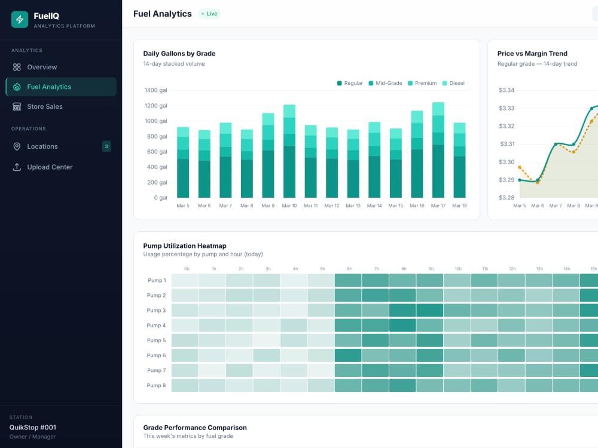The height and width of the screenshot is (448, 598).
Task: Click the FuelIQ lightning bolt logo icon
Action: coord(20,20)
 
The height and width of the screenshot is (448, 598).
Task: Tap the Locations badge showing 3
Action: coord(106,146)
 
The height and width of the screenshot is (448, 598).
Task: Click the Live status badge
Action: coord(209,14)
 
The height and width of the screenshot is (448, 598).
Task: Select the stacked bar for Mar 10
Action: coord(289,151)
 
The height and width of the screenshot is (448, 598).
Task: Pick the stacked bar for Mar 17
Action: coord(438,150)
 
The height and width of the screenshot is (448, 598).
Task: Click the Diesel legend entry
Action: coord(453,83)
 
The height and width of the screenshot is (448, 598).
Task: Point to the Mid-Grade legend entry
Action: coord(385,83)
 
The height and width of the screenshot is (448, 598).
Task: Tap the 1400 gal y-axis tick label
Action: coord(155,90)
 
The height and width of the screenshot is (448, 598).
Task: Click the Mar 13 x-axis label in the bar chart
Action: coord(353,205)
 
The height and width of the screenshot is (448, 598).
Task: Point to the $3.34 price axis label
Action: coord(507,90)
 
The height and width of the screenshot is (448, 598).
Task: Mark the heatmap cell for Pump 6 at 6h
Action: coord(348,355)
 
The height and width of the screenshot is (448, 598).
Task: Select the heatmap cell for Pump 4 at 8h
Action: coord(402,326)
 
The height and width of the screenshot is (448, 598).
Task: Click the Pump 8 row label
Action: coord(156,385)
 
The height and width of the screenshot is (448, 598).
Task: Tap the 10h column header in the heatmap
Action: coord(458,269)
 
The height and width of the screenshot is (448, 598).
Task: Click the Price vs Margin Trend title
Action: coord(532,54)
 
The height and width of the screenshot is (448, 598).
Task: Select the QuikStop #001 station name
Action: coord(33,428)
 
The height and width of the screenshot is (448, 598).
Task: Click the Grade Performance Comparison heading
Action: coord(195,428)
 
